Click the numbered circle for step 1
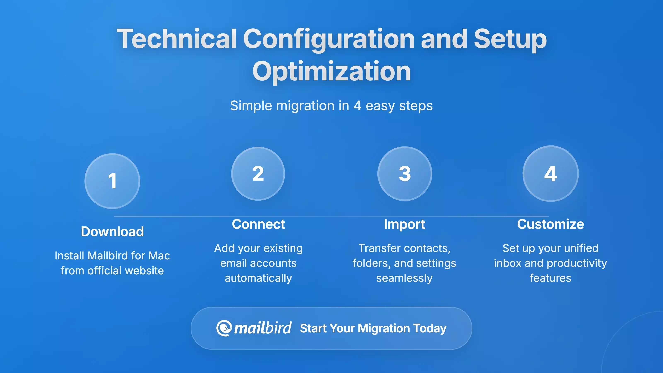coord(112,181)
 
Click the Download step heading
coord(112,231)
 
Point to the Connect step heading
coord(258,224)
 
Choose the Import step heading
coord(404,224)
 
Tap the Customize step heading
coord(550,224)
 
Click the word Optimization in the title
coord(331,71)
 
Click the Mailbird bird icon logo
coord(223,328)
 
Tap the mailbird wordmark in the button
coord(263,328)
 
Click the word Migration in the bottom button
coord(384,328)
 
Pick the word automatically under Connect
coord(258,278)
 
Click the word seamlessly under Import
coord(404,278)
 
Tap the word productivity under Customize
coord(577,263)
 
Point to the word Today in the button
coord(430,328)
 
